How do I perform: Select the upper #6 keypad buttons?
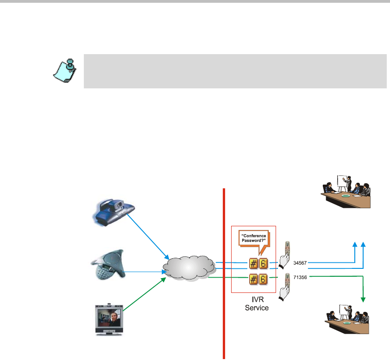[x=259, y=263]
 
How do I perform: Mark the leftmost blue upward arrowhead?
[x=355, y=244]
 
